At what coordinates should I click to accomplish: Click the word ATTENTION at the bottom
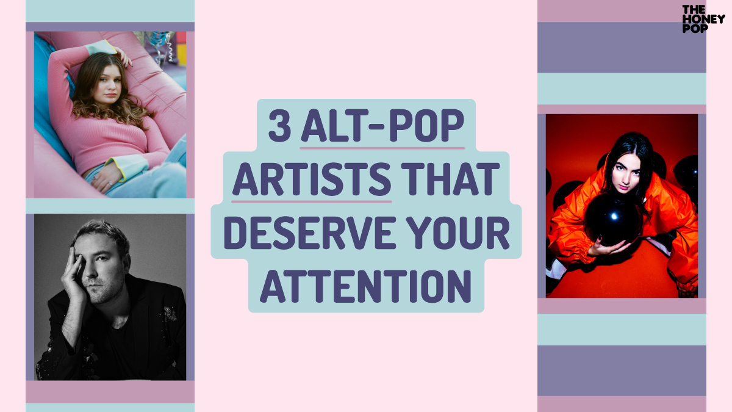tap(365, 286)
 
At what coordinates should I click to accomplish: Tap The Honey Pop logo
tap(703, 19)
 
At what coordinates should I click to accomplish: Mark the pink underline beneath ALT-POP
tap(382, 148)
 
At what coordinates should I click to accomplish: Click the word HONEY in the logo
tap(703, 19)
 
